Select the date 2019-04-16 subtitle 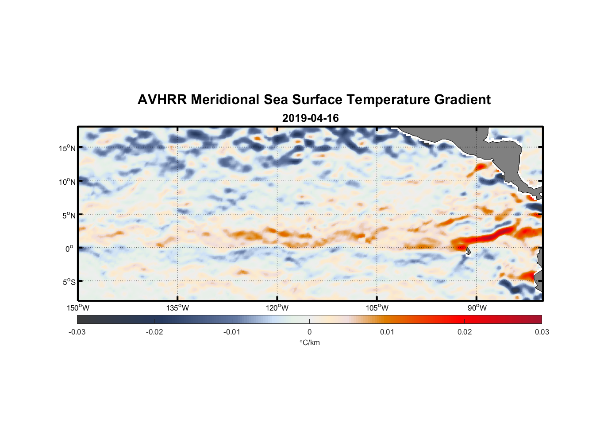[310, 118]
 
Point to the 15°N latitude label [67, 148]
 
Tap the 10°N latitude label [67, 182]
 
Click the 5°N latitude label [68, 215]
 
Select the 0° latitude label [69, 249]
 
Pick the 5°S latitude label [68, 282]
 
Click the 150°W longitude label [78, 308]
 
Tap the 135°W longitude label [177, 308]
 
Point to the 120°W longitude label [277, 308]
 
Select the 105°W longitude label [377, 308]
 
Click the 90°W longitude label [477, 308]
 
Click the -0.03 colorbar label [77, 332]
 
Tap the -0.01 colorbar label [232, 332]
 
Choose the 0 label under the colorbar [309, 332]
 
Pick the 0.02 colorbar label [465, 332]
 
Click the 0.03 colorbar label [542, 332]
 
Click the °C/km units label [310, 342]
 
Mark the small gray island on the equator [468, 251]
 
